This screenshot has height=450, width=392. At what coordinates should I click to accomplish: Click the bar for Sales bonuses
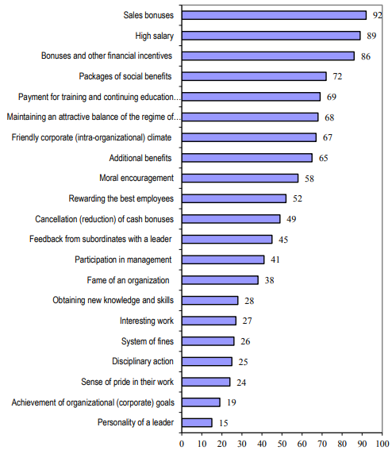tap(274, 15)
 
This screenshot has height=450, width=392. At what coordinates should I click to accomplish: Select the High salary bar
tap(271, 36)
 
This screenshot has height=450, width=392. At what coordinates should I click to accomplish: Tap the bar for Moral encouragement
tap(240, 178)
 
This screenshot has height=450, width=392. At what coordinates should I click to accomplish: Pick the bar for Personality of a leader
tap(197, 422)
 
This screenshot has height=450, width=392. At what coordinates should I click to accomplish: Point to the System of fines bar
tap(208, 340)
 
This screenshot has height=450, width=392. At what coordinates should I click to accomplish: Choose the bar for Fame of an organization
tap(220, 279)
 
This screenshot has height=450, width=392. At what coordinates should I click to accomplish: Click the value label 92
tap(378, 15)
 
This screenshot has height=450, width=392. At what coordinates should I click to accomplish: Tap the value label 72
tap(338, 76)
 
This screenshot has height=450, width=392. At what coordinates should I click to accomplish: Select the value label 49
tap(292, 218)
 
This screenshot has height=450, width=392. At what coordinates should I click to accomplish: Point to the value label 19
tap(232, 402)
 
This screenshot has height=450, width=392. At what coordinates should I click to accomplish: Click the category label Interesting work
tap(148, 321)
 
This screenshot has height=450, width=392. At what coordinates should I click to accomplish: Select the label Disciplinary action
tap(143, 361)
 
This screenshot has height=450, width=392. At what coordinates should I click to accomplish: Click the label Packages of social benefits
tap(127, 76)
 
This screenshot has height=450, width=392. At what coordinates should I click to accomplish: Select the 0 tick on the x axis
tap(182, 442)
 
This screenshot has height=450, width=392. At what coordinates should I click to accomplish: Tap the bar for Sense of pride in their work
tap(206, 381)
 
